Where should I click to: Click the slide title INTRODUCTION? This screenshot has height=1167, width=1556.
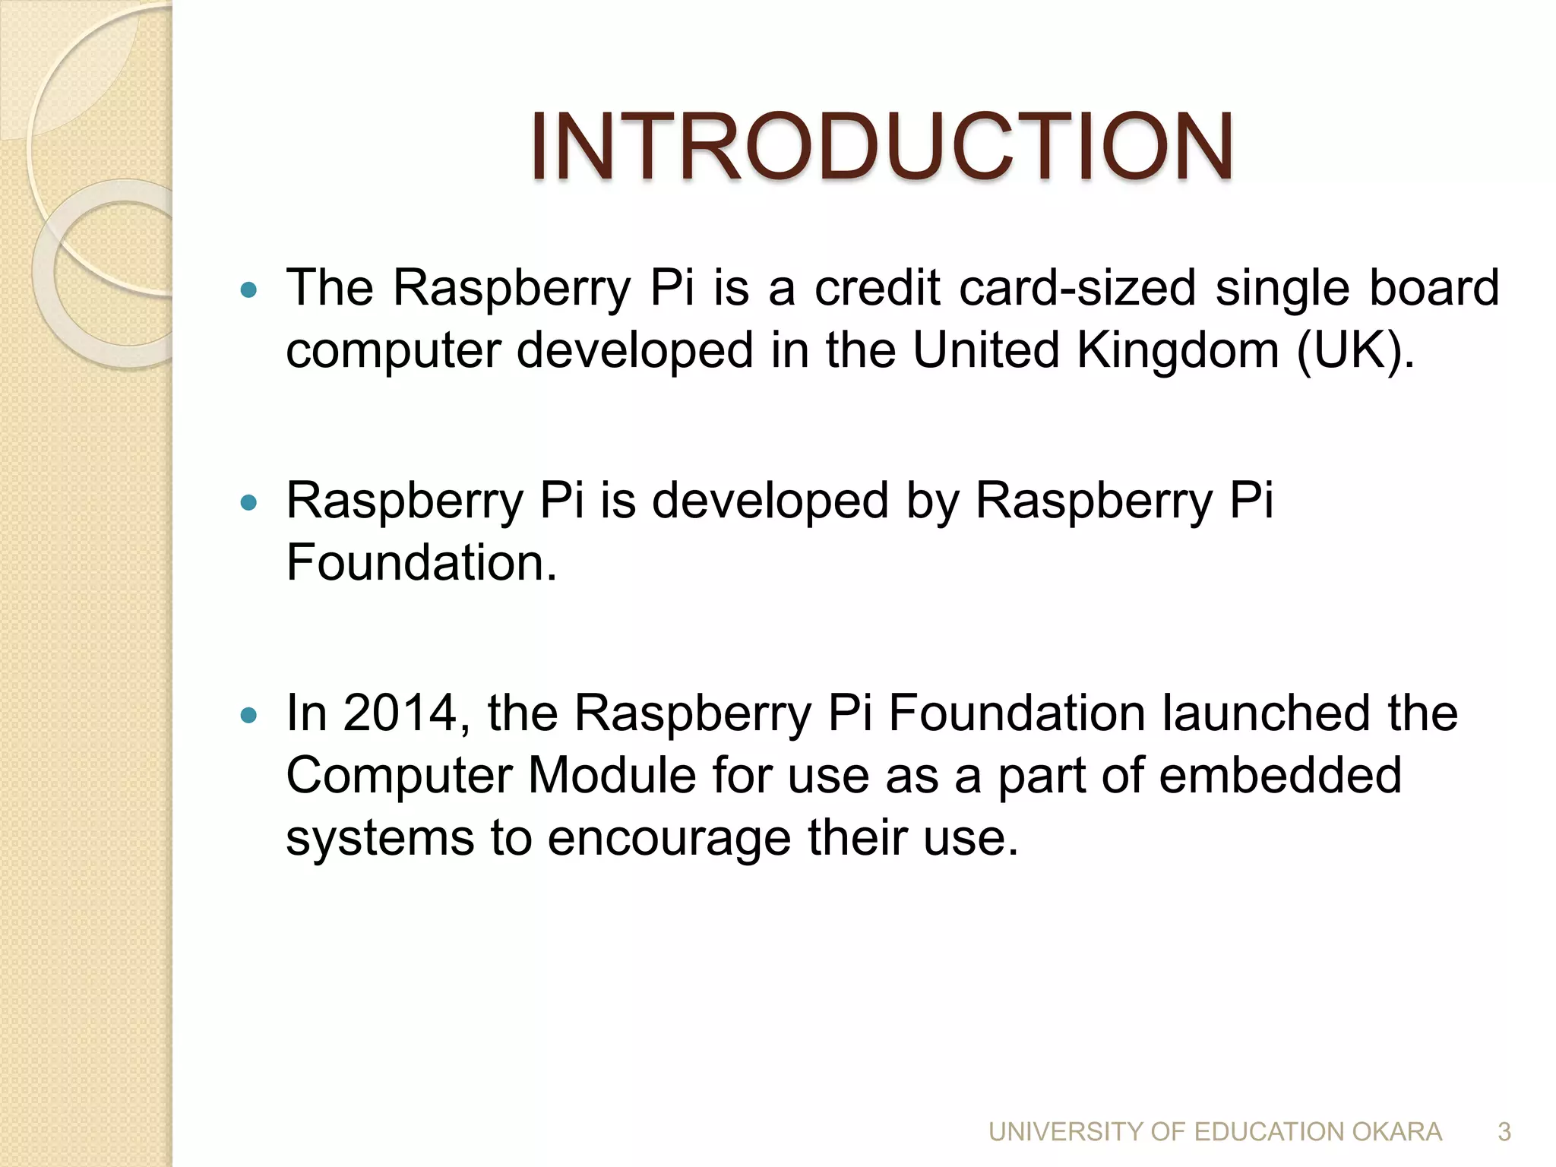(881, 146)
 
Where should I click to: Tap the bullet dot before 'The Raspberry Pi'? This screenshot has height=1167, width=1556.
(248, 289)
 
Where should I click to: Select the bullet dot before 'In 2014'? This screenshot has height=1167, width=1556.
(248, 715)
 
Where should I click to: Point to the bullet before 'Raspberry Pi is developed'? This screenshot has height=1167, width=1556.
(248, 502)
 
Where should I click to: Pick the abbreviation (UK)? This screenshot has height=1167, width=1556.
(1355, 350)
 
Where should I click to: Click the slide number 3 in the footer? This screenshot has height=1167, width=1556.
(1504, 1132)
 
